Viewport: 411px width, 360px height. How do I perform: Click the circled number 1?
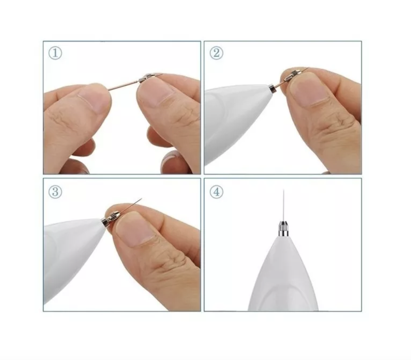(x=55, y=53)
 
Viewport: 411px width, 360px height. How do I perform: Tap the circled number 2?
(x=216, y=53)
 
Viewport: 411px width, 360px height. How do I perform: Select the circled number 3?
(x=55, y=192)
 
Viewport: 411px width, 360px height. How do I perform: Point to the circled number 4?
(x=216, y=192)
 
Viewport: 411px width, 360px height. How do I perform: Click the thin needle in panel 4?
(x=284, y=206)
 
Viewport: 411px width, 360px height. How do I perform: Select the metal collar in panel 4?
(x=284, y=229)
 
